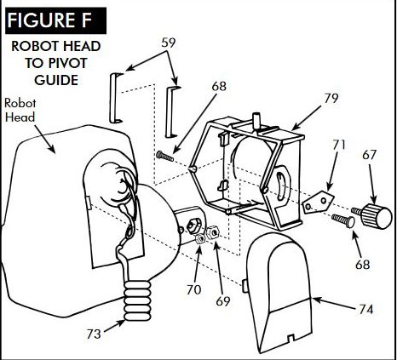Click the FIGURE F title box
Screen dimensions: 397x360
point(55,20)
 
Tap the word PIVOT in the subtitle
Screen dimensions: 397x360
point(67,63)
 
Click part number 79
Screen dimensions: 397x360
point(331,98)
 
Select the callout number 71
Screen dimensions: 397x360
point(339,145)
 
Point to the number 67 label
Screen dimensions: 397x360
point(369,155)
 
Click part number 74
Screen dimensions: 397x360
point(365,309)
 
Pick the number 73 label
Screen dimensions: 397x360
point(94,334)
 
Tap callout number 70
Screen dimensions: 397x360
point(193,289)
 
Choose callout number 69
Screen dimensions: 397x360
point(222,301)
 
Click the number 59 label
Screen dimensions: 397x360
point(169,43)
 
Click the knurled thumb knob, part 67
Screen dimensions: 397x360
point(375,216)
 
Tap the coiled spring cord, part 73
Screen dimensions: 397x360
point(137,300)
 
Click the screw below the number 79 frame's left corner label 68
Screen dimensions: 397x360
point(165,156)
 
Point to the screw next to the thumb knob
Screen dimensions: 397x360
point(343,220)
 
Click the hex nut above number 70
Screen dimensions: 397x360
point(200,239)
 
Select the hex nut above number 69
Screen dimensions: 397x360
point(212,232)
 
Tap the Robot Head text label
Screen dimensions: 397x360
point(20,110)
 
